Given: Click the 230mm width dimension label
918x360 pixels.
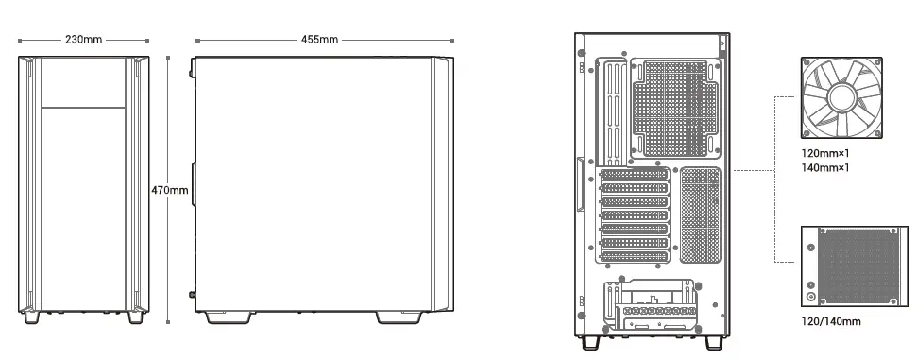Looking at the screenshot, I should pyautogui.click(x=84, y=41).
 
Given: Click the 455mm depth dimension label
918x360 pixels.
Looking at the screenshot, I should pyautogui.click(x=319, y=41).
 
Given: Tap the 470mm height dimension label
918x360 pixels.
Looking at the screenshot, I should pyautogui.click(x=170, y=191).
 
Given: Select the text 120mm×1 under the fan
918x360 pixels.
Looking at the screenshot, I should pyautogui.click(x=824, y=152).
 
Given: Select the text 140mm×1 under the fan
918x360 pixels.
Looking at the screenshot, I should pyautogui.click(x=824, y=167).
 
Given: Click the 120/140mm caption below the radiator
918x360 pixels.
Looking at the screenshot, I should pyautogui.click(x=830, y=321).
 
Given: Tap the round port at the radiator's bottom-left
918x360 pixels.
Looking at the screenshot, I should pyautogui.click(x=810, y=296).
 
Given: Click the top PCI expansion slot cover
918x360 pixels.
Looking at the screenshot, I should pyautogui.click(x=634, y=175).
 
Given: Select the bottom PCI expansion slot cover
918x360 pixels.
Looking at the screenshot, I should pyautogui.click(x=634, y=256).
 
